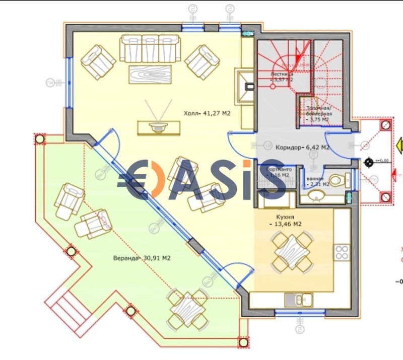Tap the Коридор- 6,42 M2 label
coord(302,148)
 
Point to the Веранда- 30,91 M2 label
coord(142,258)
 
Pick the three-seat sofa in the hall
coord(150,48)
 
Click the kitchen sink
coord(297,300)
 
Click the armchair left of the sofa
coord(99,61)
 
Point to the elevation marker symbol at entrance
coord(370,162)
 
